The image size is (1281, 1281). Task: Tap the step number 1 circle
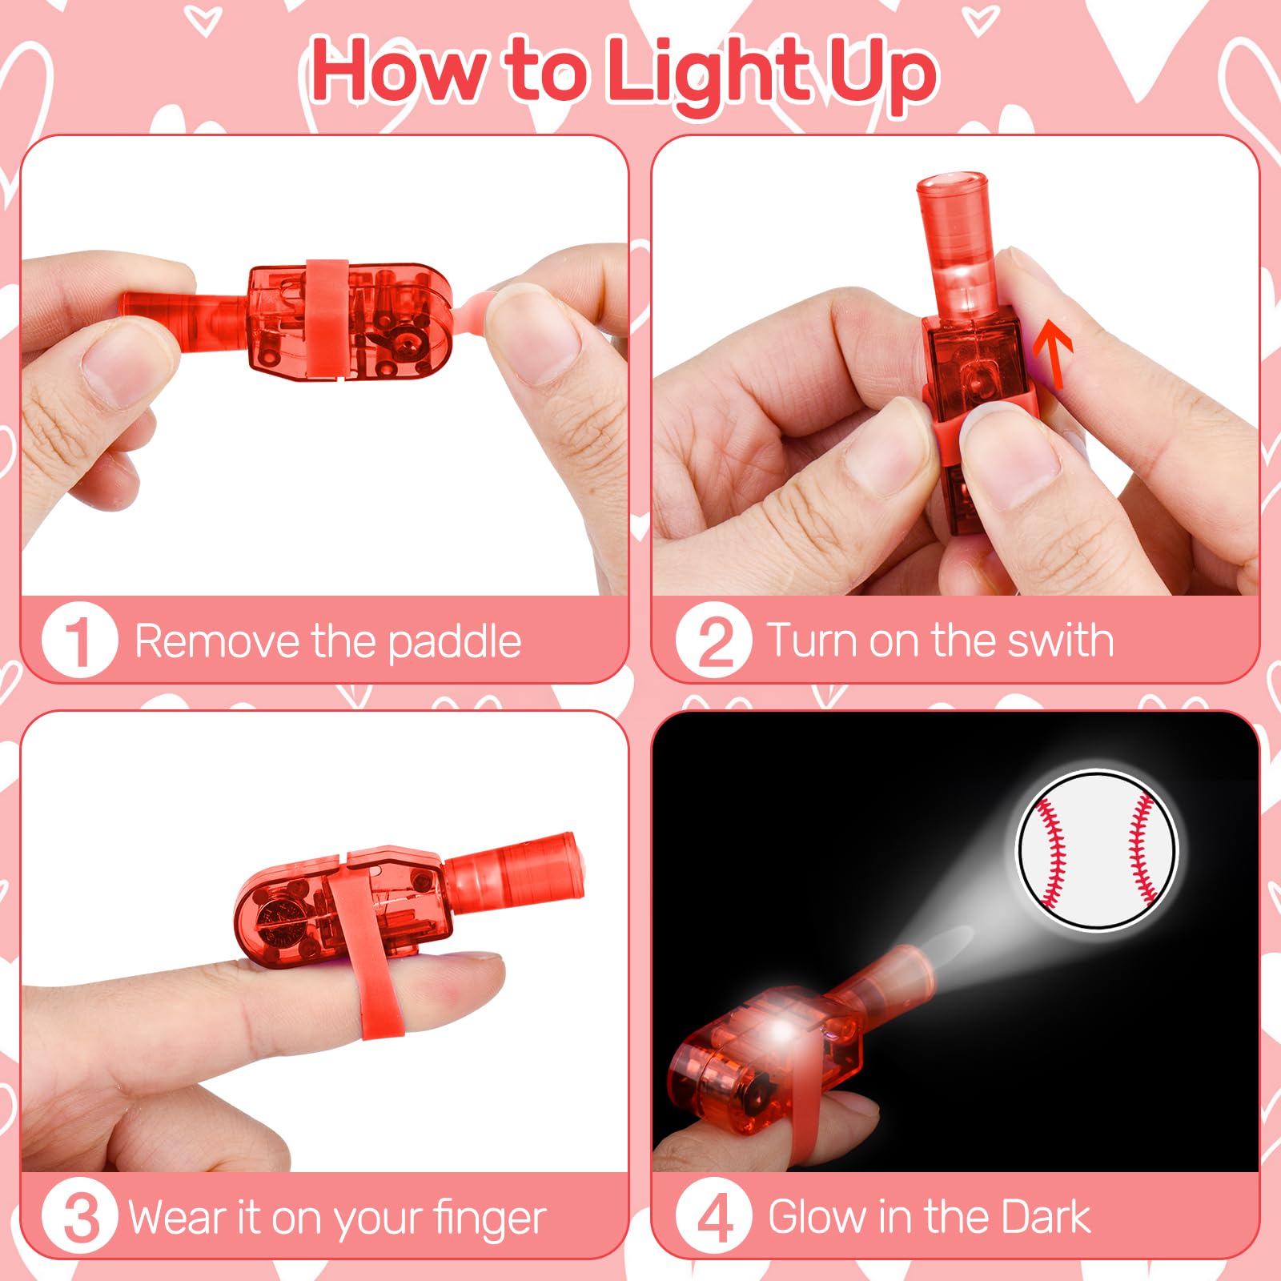79,640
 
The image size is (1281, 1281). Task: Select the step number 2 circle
713,640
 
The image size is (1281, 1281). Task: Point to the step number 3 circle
79,1217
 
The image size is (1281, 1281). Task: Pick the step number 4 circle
713,1217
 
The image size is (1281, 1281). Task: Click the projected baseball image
1097,849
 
